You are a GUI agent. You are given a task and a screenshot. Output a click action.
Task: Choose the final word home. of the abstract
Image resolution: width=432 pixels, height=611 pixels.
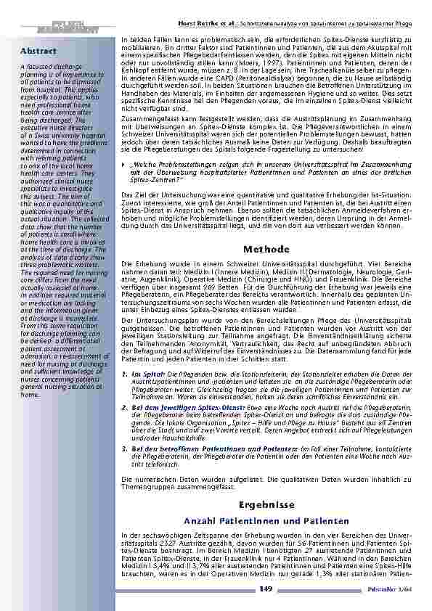30,395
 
